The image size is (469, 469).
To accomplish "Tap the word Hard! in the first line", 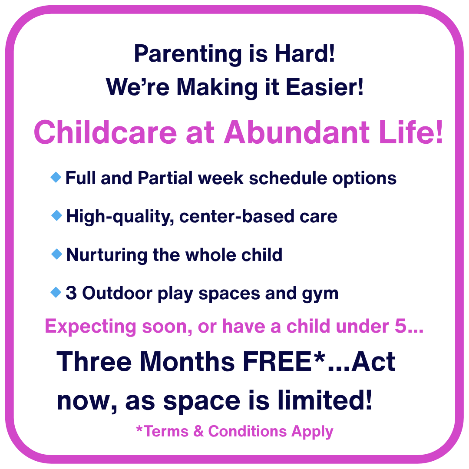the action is [x=305, y=53].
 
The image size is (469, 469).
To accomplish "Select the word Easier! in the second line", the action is [x=325, y=87].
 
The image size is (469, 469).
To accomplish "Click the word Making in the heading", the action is [x=217, y=88].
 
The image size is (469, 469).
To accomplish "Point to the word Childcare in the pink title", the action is [x=106, y=132].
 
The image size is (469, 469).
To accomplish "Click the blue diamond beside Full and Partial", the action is [x=56, y=177].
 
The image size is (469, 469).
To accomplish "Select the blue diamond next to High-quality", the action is [x=57, y=215].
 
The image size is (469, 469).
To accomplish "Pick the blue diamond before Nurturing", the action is [x=57, y=254].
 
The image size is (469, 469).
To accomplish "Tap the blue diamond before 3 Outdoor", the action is [x=56, y=292].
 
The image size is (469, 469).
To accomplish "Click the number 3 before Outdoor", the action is [x=71, y=293].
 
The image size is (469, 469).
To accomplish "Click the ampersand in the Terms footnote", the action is [x=198, y=431].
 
